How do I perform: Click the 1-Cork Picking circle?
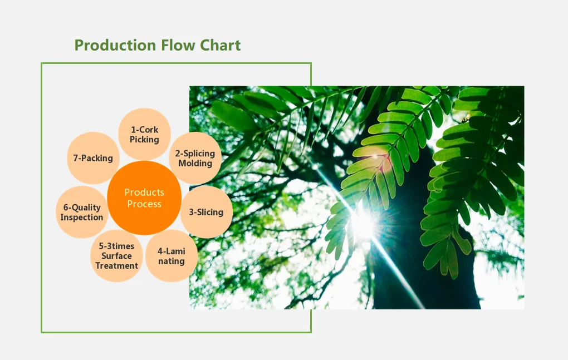(x=145, y=134)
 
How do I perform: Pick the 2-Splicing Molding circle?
(x=195, y=158)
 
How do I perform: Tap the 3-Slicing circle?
(x=206, y=212)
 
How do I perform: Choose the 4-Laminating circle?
(x=171, y=256)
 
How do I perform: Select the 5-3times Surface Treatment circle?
(x=116, y=256)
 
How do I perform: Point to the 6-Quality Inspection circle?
(x=82, y=212)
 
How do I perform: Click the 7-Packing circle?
(x=93, y=158)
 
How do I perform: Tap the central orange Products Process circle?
(x=144, y=198)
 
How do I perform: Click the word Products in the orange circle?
(x=144, y=193)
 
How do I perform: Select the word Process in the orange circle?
(x=144, y=204)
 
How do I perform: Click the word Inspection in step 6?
(x=82, y=218)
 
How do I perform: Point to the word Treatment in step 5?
(x=116, y=265)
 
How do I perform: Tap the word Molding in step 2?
(x=195, y=164)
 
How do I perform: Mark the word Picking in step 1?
(x=145, y=140)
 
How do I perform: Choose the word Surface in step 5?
(x=116, y=256)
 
